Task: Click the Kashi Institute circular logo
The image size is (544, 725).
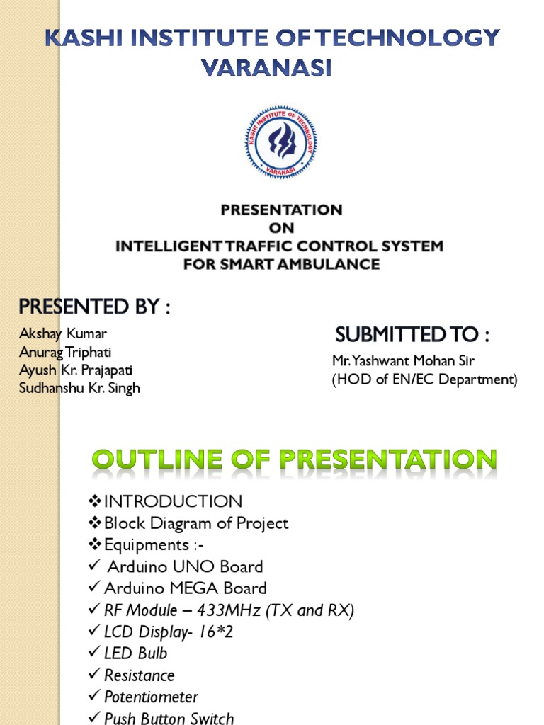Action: pos(282,142)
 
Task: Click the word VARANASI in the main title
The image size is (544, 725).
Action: pos(266,69)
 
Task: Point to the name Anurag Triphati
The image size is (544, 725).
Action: pos(65,352)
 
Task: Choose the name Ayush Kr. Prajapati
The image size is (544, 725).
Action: pos(76,370)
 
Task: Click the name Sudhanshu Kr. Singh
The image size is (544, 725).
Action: pos(79,388)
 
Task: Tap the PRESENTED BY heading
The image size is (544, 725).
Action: pos(94,308)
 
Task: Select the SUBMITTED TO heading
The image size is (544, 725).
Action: pos(412,334)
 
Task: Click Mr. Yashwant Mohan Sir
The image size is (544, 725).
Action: pos(403,361)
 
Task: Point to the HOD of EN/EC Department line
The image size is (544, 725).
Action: pos(425,379)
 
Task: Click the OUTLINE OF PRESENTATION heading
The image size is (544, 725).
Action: pos(293,460)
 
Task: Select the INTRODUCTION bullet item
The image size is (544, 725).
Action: pos(173,502)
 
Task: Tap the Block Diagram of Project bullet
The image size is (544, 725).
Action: pos(196,524)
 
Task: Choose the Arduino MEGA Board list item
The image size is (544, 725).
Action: pos(186,588)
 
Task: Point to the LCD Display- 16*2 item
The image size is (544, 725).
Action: pos(169,632)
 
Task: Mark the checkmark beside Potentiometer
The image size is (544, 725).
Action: pos(94,697)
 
